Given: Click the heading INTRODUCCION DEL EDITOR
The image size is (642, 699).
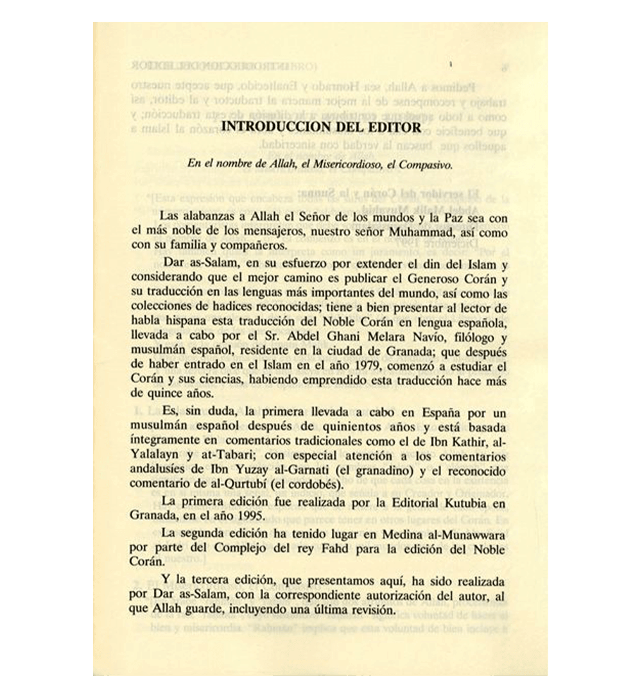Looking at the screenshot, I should tap(321, 127).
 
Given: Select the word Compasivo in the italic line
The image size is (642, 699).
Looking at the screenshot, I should tap(425, 164).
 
